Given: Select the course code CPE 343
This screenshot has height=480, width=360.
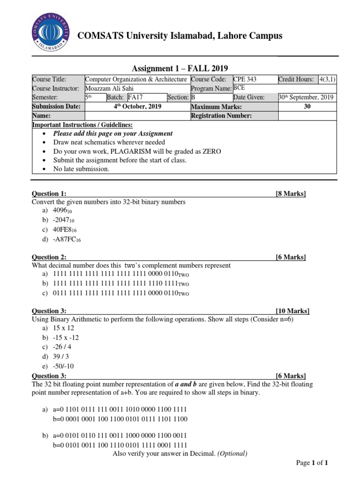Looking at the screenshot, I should [245, 80].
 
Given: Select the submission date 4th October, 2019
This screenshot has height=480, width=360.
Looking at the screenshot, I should [138, 106].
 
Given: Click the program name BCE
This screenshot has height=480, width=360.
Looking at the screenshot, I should [240, 88].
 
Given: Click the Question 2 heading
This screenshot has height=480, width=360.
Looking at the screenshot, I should [49, 257].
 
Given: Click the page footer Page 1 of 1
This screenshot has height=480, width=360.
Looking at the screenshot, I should [312, 463].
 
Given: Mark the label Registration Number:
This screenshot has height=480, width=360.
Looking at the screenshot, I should [222, 115].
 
